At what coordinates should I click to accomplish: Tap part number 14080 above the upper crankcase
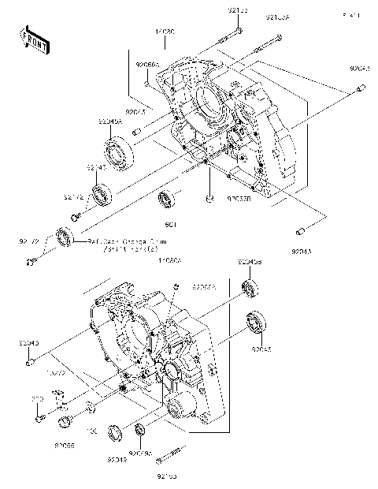(165, 32)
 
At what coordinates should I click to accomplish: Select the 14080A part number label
(169, 259)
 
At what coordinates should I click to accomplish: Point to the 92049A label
(109, 121)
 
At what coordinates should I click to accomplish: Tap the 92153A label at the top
(278, 17)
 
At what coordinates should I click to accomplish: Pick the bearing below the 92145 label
(101, 194)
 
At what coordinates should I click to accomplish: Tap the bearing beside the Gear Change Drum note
(64, 236)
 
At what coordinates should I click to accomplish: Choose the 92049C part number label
(141, 454)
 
